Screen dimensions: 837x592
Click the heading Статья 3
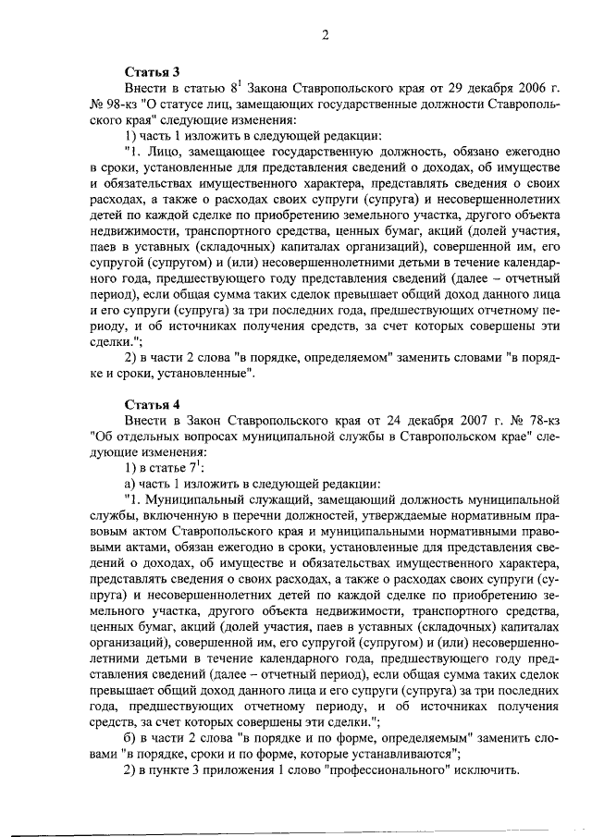(x=153, y=71)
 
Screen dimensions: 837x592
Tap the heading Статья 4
(x=153, y=403)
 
